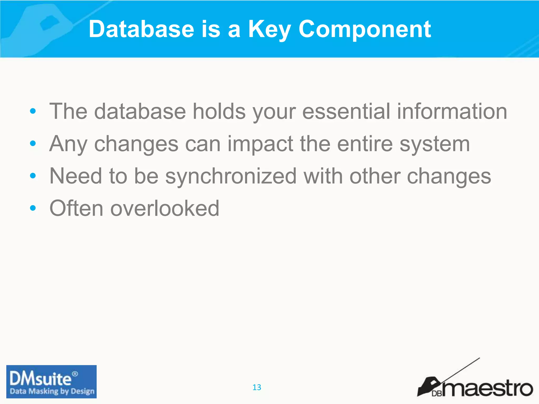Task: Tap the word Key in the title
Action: pos(269,29)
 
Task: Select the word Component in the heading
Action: pos(365,29)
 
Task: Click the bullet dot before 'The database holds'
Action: pos(33,111)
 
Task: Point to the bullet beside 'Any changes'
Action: pos(33,144)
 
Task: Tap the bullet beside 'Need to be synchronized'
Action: pos(33,176)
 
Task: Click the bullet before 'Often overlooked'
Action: pos(33,208)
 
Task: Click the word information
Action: pos(452,111)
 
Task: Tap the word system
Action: pos(435,144)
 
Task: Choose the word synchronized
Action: pos(231,176)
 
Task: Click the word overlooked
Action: pos(164,208)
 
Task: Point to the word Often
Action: pos(76,208)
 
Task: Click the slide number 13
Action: pos(257,387)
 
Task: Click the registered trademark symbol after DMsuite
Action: pos(75,374)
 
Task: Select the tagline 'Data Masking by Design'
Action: pos(52,391)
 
